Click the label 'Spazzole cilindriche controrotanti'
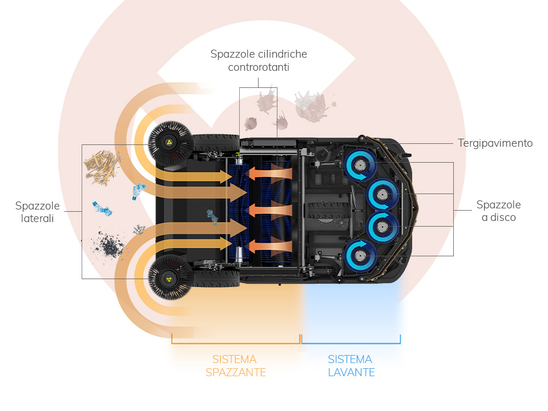point(259,61)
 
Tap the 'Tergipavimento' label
point(495,143)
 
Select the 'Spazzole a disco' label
point(498,211)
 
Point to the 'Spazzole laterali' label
point(38,211)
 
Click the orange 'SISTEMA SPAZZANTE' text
point(235,366)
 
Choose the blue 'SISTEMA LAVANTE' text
point(350,366)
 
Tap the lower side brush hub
point(170,278)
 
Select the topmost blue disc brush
point(359,165)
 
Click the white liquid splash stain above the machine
point(311,106)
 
